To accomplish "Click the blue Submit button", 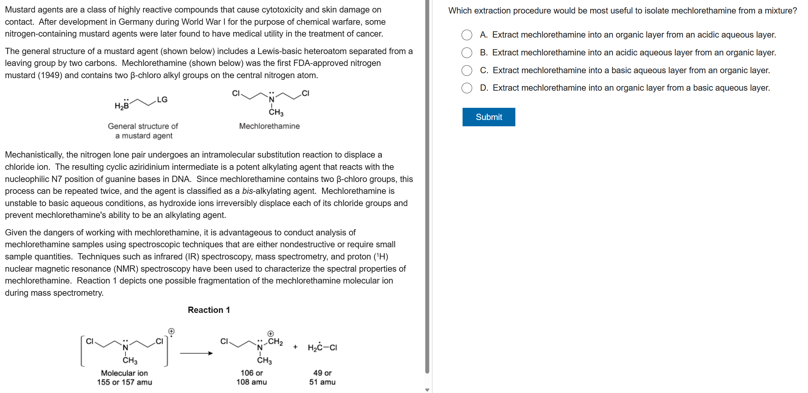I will click(488, 117).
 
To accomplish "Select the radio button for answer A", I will click(467, 35).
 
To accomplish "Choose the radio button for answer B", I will click(467, 53).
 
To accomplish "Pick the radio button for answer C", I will click(467, 70).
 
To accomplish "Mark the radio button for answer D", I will click(467, 88).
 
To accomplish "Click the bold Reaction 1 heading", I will click(209, 310).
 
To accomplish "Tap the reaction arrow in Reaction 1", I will click(196, 353).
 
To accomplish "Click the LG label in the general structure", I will click(162, 100).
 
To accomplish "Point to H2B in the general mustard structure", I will click(122, 106).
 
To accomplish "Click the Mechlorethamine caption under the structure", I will click(269, 126).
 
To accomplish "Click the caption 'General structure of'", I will click(143, 126).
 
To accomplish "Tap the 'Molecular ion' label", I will click(124, 373).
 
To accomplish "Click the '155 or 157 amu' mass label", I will click(124, 382).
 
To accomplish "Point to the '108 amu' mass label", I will click(251, 382).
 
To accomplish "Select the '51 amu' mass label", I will click(322, 382).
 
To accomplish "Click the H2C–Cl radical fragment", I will click(322, 348).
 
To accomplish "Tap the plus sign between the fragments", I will click(295, 347).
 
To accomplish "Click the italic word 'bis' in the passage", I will click(247, 191).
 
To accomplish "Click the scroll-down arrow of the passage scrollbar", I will click(427, 390).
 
